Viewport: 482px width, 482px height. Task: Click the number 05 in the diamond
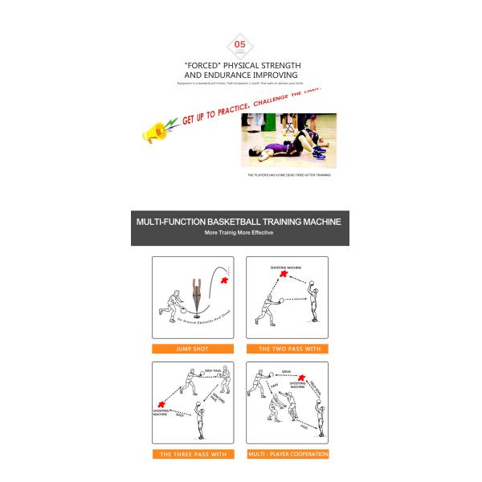pyautogui.click(x=239, y=44)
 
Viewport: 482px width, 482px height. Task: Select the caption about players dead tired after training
pyautogui.click(x=288, y=174)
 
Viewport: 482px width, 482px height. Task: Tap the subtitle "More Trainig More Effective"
pyautogui.click(x=239, y=233)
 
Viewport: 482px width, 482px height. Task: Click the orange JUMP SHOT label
pyautogui.click(x=193, y=349)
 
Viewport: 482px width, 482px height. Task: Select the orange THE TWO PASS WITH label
pyautogui.click(x=287, y=349)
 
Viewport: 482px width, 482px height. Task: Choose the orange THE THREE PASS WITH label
pyautogui.click(x=193, y=454)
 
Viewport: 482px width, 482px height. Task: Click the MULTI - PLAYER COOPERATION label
pyautogui.click(x=287, y=454)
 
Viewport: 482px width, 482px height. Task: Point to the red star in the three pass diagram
pyautogui.click(x=163, y=404)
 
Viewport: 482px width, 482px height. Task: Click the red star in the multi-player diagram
pyautogui.click(x=300, y=378)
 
